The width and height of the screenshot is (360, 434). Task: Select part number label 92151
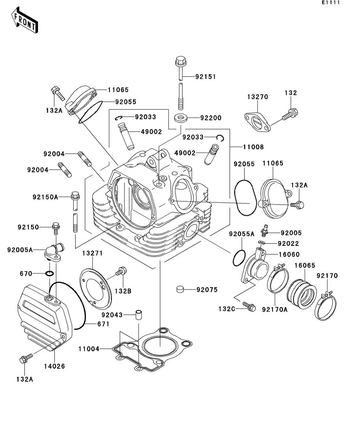(x=206, y=77)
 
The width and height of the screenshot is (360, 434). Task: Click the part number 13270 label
(x=257, y=97)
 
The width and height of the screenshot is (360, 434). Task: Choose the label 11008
(x=253, y=147)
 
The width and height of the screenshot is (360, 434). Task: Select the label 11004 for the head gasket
(x=89, y=349)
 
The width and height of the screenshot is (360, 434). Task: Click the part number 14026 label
(x=54, y=366)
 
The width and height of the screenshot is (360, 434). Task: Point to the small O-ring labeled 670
(x=49, y=274)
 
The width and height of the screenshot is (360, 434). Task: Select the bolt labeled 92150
(x=56, y=227)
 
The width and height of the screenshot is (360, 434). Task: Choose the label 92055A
(x=242, y=234)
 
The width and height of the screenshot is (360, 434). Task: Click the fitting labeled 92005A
(x=54, y=252)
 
